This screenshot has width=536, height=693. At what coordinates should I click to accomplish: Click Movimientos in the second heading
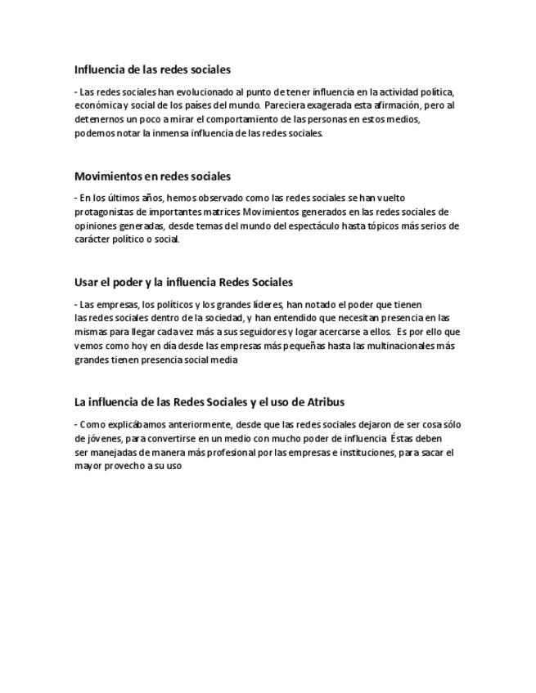[107, 176]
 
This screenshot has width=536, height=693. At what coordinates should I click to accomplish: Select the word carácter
[92, 239]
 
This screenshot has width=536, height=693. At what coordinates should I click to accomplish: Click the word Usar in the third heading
[86, 282]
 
